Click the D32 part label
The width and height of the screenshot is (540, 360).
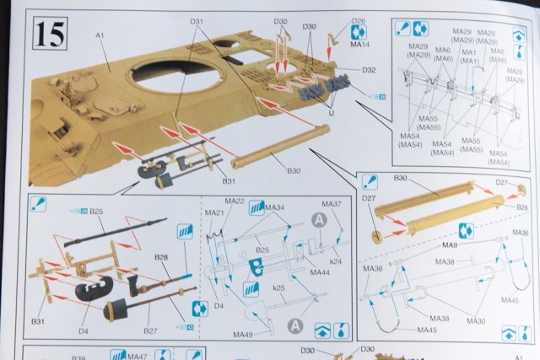[368, 70]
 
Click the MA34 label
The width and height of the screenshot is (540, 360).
[274, 207]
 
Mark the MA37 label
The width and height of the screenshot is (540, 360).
[332, 204]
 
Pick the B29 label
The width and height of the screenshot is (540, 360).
[522, 207]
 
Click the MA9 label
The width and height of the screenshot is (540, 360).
[451, 244]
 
